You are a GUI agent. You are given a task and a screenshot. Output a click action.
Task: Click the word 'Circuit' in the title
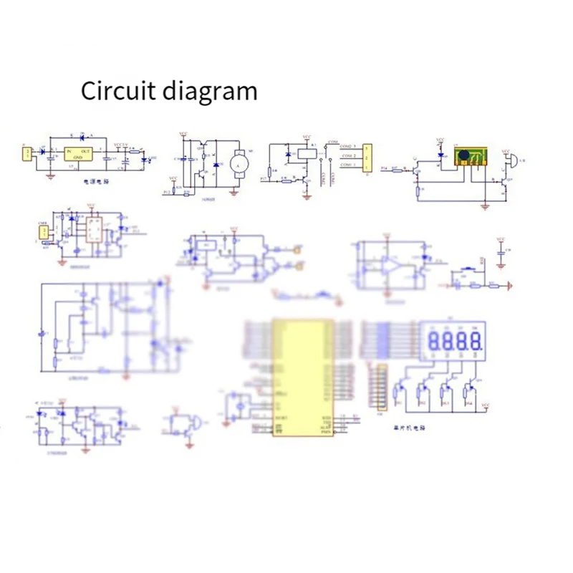(117, 92)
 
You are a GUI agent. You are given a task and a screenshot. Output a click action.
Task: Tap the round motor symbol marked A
(239, 160)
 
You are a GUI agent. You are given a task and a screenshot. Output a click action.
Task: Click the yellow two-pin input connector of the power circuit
(27, 153)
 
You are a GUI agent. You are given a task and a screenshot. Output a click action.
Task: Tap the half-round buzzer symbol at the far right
(506, 160)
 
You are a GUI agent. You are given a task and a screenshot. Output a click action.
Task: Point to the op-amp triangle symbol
(390, 266)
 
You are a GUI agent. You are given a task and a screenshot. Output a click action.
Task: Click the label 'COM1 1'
(348, 165)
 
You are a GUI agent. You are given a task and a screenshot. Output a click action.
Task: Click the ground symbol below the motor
(236, 190)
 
